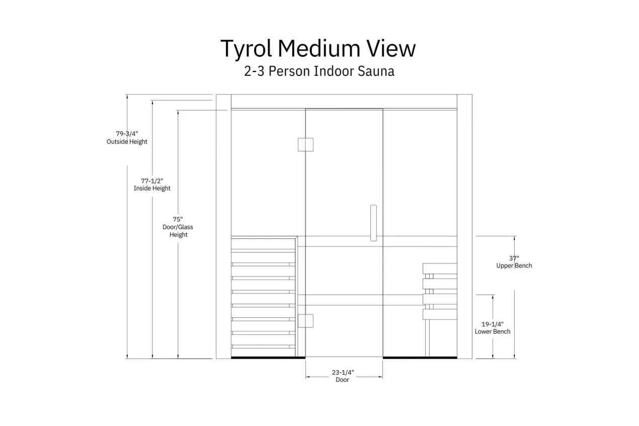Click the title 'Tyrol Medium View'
(318, 48)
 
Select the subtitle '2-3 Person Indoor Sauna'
(319, 71)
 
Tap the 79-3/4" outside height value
(127, 134)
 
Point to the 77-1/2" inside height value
(152, 181)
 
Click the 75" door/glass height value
(178, 219)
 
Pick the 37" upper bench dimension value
(514, 259)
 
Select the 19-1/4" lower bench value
(493, 324)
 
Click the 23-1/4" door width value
(343, 372)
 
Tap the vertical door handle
(373, 223)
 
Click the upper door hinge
(305, 144)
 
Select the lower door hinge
(305, 321)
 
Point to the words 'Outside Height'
(127, 142)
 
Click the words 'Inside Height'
(152, 189)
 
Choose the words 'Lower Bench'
(493, 331)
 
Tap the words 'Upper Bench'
(514, 266)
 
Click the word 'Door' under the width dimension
(342, 380)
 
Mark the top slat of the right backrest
(440, 268)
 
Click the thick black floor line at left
(268, 358)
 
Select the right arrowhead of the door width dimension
(380, 377)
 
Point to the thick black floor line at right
(420, 358)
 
